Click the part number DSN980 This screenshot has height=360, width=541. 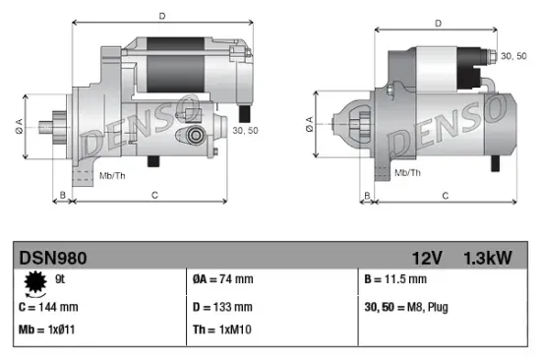pyautogui.click(x=53, y=259)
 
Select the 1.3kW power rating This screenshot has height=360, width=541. pyautogui.click(x=488, y=259)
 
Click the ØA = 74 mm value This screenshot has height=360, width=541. pyautogui.click(x=223, y=280)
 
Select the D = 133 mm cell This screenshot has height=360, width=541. pyautogui.click(x=222, y=307)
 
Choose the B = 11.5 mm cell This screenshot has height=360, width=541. pyautogui.click(x=396, y=280)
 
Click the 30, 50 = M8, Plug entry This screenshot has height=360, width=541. pyautogui.click(x=405, y=307)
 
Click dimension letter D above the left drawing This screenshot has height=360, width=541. pyautogui.click(x=161, y=16)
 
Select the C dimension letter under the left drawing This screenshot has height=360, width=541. pyautogui.click(x=155, y=196)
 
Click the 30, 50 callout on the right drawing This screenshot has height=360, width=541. pyautogui.click(x=513, y=58)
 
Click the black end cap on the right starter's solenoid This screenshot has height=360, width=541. pyautogui.click(x=486, y=58)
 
